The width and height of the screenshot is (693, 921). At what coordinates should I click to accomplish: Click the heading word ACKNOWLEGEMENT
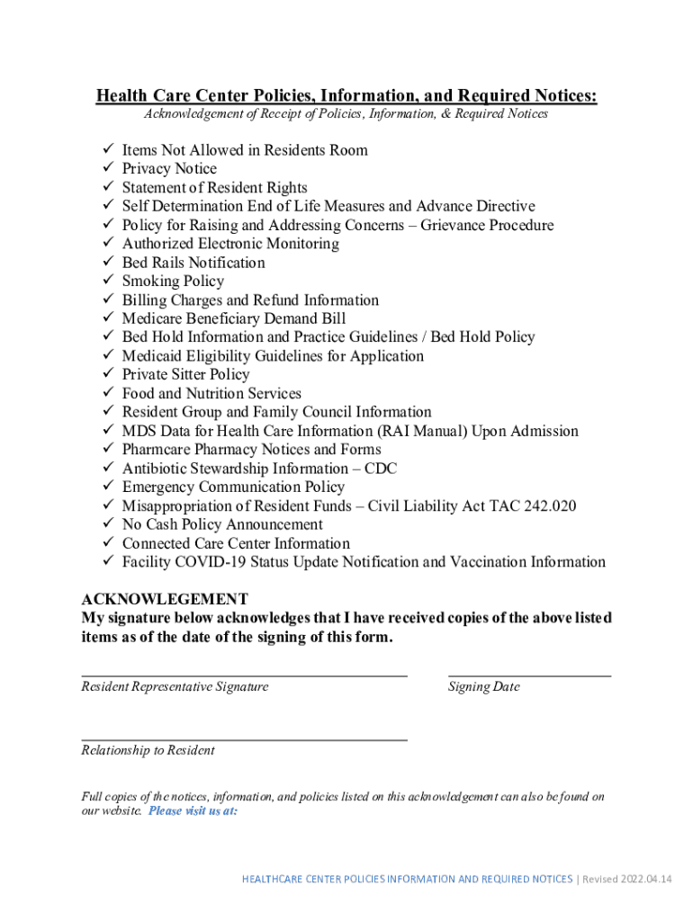[165, 599]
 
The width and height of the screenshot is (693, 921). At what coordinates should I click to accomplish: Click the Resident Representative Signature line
[244, 674]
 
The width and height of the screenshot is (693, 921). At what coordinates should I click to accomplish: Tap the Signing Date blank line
[529, 674]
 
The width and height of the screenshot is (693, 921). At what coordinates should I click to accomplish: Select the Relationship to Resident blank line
[244, 739]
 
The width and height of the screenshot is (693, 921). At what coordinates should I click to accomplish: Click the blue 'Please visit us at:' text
[193, 810]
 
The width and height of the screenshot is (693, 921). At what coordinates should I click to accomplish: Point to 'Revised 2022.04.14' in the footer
[630, 879]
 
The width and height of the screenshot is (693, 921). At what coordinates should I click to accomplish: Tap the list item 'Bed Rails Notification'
[193, 263]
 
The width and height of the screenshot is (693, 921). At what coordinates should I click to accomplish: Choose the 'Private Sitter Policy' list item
[185, 374]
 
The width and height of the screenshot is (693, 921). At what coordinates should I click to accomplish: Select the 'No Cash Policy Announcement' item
[222, 524]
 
